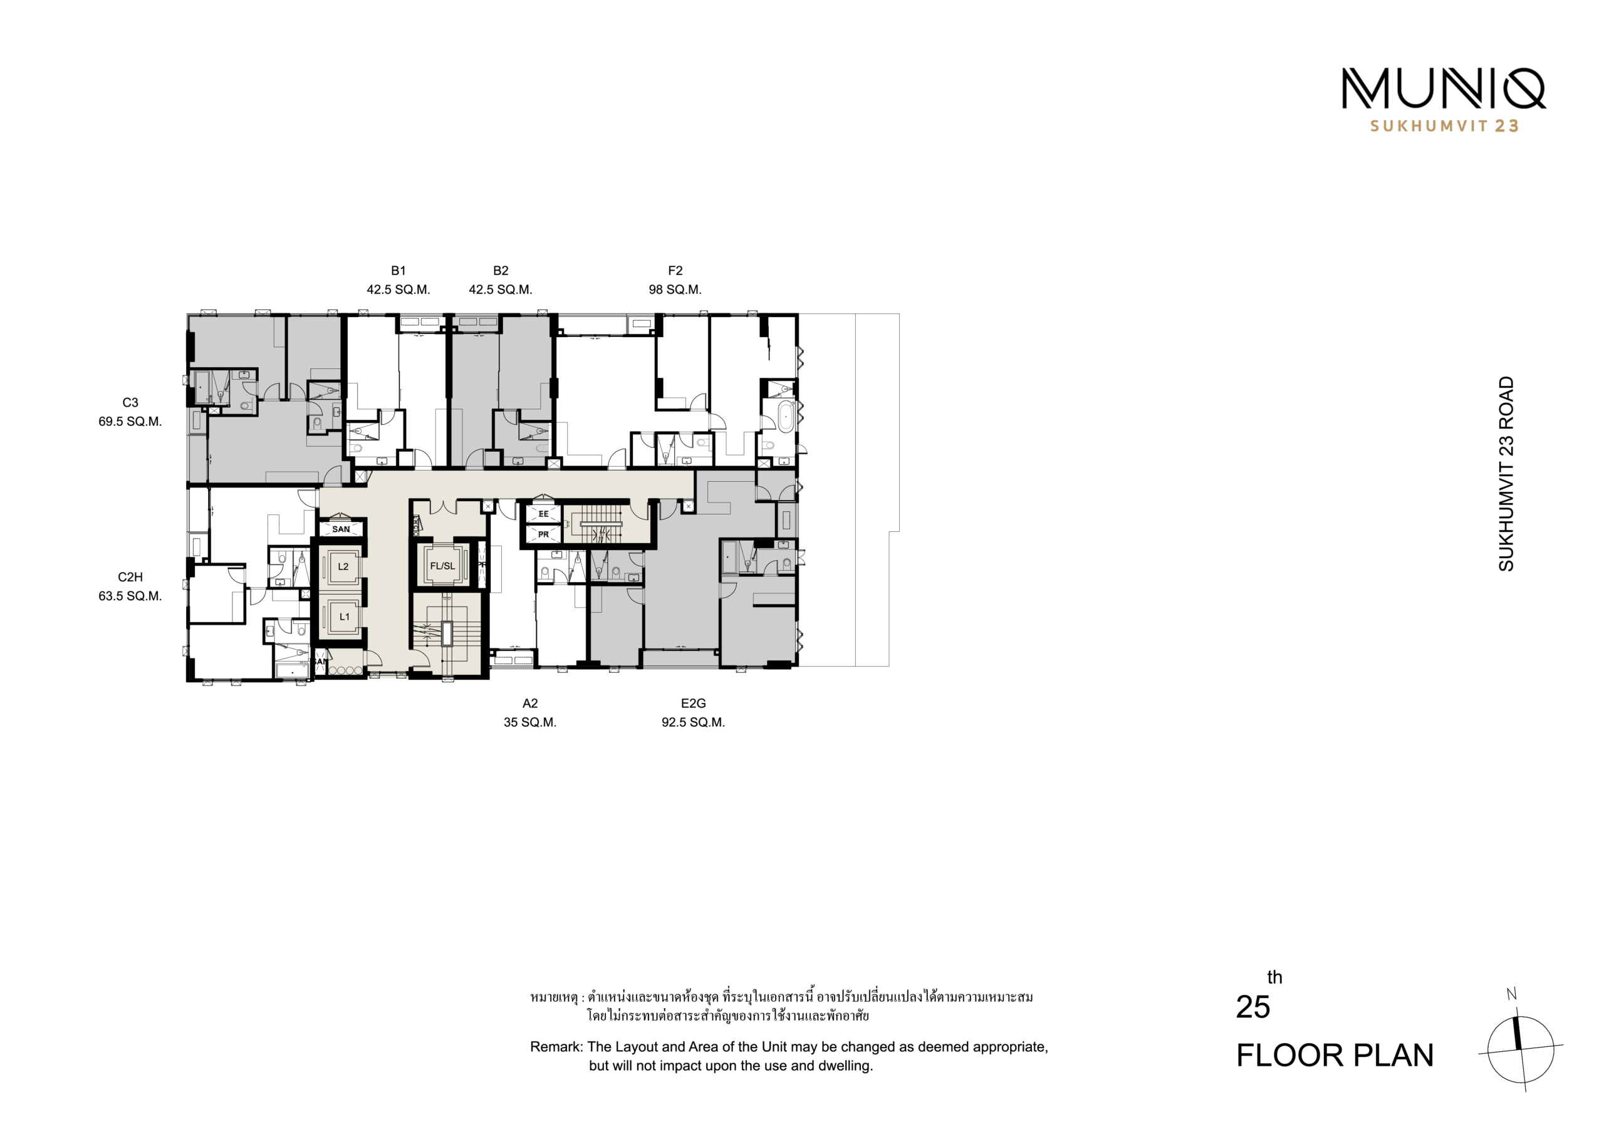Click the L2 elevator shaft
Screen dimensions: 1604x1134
[x=343, y=566]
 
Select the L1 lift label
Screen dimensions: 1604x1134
[x=345, y=617]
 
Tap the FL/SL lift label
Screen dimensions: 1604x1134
[x=442, y=566]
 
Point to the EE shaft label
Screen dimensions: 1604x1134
[x=543, y=514]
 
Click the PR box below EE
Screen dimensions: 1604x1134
[x=543, y=534]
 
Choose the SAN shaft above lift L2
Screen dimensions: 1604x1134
[x=341, y=529]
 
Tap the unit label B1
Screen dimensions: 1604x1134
[x=398, y=271]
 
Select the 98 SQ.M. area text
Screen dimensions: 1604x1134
[x=675, y=289]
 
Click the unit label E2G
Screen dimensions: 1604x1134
[x=693, y=703]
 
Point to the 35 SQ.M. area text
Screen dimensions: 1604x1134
[x=530, y=722]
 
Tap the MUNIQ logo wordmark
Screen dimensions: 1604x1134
[x=1444, y=89]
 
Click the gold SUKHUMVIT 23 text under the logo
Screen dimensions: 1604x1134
[x=1444, y=126]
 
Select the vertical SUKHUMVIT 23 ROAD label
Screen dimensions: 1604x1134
[x=1506, y=474]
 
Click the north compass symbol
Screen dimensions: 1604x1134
[x=1520, y=1049]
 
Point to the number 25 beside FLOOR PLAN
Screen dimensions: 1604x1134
[x=1252, y=1007]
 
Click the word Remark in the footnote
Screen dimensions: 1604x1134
[x=557, y=1047]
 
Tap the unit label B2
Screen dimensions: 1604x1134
[x=500, y=271]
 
